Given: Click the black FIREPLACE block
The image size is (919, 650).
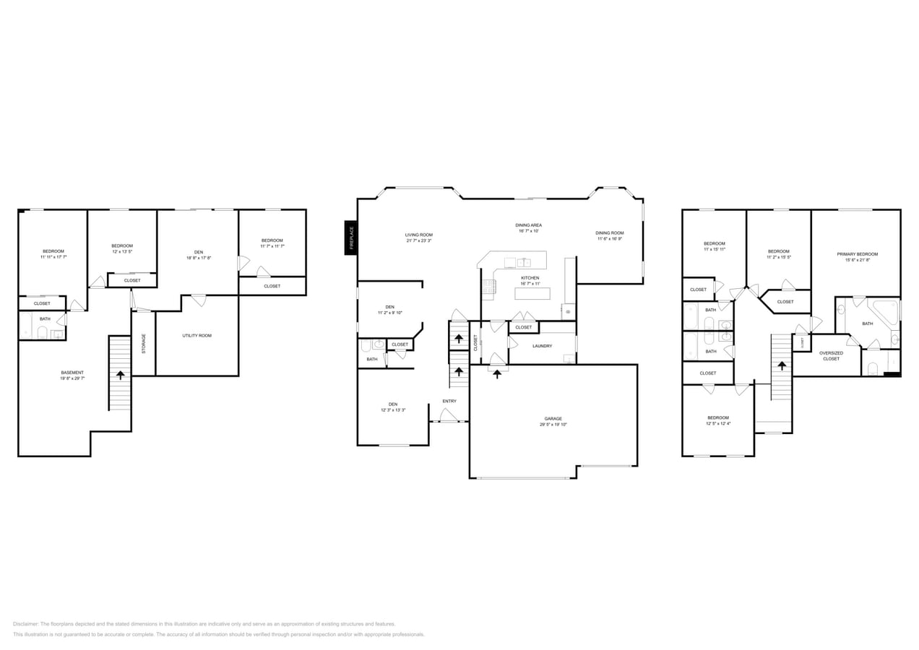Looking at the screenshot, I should pos(350,238).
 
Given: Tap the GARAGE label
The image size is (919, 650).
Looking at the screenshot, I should pos(553,418).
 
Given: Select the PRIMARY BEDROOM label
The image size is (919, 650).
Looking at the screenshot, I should pos(857,254).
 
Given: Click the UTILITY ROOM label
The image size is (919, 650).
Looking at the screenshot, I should pos(197,336).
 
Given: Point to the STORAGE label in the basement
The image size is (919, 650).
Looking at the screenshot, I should pos(144,343).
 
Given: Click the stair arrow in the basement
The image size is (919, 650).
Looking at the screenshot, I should pos(120,374).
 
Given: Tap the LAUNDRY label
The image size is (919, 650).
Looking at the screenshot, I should pos(542,346).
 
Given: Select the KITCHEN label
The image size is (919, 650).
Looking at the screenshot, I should pos(530,278).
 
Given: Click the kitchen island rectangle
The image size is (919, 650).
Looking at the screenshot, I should pos(532,293).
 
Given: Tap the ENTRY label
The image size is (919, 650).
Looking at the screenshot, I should pos(449,401).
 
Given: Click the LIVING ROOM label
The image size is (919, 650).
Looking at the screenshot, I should pos(418,235).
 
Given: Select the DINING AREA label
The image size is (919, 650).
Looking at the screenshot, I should pos(529,225).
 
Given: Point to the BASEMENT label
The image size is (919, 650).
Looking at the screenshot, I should pos(72,373).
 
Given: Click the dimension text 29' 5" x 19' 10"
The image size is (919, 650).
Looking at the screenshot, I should pos(553,425).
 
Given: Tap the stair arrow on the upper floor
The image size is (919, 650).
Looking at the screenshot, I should pos(781,365).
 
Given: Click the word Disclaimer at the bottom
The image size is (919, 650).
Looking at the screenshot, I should pos(25,624).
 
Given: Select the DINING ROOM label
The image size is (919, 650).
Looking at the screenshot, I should pos(609,233).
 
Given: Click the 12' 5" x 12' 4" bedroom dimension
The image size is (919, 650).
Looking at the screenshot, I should pos(718,424).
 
